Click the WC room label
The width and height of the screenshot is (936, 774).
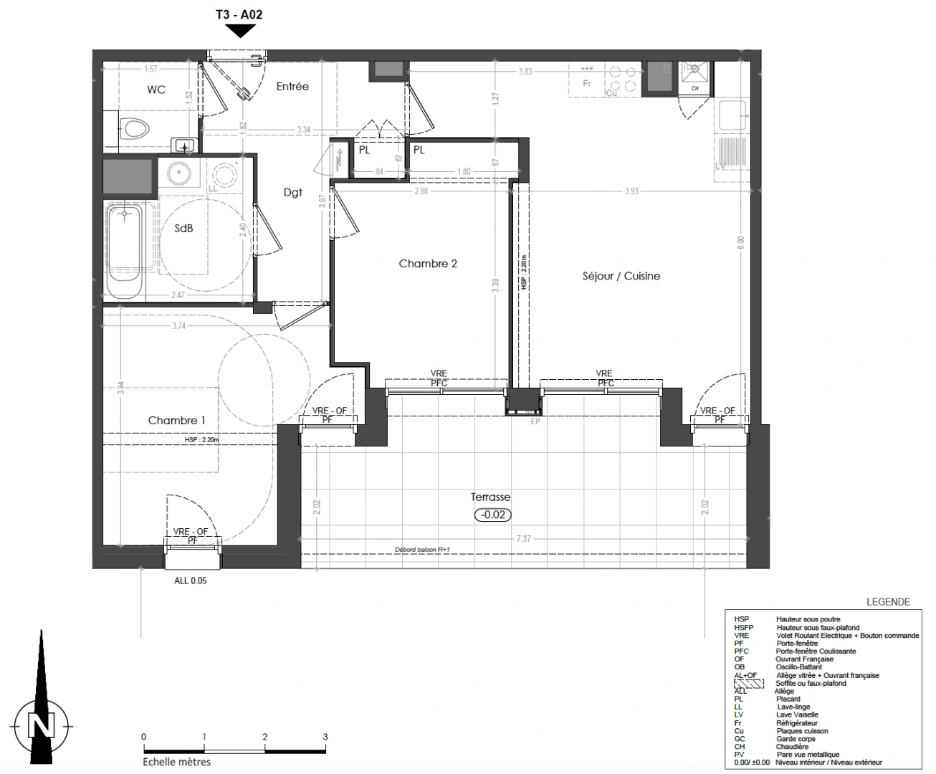pos(156,90)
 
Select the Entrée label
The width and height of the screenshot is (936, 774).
pos(292,87)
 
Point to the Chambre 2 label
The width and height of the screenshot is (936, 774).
pos(428,264)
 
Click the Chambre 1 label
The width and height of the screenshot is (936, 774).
pos(177,421)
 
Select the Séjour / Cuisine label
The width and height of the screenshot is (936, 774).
pos(621,276)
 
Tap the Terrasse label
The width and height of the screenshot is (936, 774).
pos(491,497)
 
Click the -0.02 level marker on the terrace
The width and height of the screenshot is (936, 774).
pos(493,515)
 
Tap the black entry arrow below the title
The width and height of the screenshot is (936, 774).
pos(241,31)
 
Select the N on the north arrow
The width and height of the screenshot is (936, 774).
pos(40,725)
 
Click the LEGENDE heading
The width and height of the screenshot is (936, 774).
pos(888,602)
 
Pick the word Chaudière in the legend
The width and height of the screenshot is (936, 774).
pos(792,747)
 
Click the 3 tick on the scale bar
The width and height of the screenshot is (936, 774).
pos(325,737)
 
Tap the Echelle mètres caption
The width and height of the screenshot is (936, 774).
pos(172,762)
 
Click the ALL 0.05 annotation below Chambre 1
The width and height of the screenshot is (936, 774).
pos(190,580)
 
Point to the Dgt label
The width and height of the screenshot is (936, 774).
pos(292,192)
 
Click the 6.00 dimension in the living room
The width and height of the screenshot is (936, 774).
pos(741,243)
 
